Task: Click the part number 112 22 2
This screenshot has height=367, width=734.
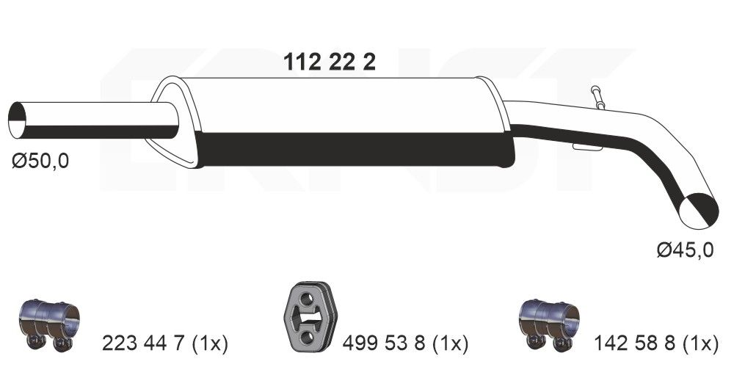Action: [x=330, y=62]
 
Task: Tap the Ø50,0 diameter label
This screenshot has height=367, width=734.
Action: [x=40, y=161]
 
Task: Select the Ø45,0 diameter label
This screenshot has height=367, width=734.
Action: [x=684, y=251]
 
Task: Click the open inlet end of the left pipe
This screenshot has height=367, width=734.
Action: [x=18, y=120]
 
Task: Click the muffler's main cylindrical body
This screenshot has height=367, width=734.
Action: [x=345, y=121]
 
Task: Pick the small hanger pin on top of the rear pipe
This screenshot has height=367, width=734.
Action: [x=596, y=97]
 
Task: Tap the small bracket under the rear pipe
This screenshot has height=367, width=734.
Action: [x=587, y=148]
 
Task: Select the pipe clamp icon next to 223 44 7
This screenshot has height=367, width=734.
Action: [x=48, y=322]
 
